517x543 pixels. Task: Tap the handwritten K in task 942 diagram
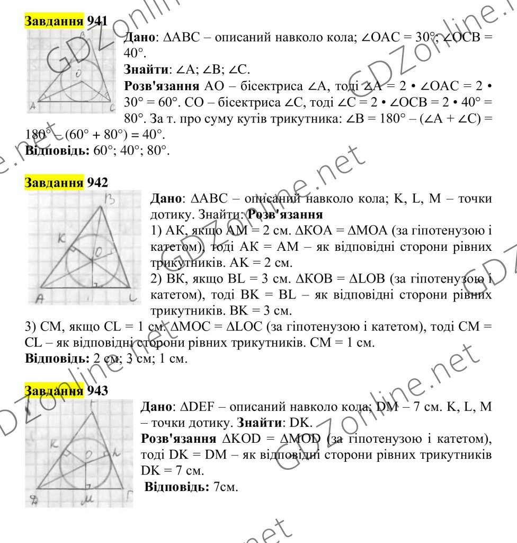point(61,239)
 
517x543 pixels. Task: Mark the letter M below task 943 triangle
point(84,499)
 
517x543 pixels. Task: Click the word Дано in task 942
point(166,199)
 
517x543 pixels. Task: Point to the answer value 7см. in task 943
point(226,486)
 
